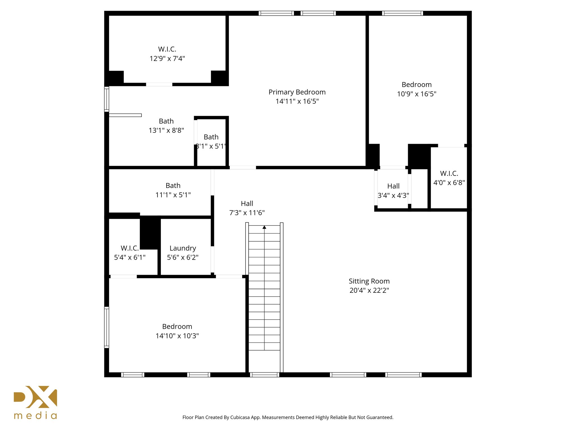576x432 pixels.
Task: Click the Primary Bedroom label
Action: pyautogui.click(x=297, y=92)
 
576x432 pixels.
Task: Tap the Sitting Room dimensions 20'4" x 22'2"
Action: pyautogui.click(x=369, y=291)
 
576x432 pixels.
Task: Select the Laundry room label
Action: pyautogui.click(x=183, y=248)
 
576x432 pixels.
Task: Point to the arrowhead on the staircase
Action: pyautogui.click(x=264, y=227)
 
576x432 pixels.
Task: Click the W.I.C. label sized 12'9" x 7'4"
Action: pyautogui.click(x=167, y=49)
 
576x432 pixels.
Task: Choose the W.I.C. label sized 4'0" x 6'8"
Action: pyautogui.click(x=449, y=174)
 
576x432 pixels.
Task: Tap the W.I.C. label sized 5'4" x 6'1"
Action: pyautogui.click(x=130, y=248)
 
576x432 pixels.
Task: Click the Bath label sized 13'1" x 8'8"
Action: pyautogui.click(x=166, y=121)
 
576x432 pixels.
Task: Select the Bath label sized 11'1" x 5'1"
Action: pyautogui.click(x=173, y=186)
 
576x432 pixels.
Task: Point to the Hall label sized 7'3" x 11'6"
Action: pyautogui.click(x=247, y=204)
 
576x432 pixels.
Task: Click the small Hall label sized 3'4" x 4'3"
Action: pyautogui.click(x=393, y=186)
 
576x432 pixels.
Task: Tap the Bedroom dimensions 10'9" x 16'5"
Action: pyautogui.click(x=417, y=94)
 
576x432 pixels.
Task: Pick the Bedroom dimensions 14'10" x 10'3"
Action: pyautogui.click(x=177, y=336)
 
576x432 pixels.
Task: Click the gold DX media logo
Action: pyautogui.click(x=35, y=402)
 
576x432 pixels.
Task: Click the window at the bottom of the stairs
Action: pyautogui.click(x=264, y=375)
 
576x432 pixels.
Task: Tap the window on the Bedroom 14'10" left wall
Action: pyautogui.click(x=107, y=327)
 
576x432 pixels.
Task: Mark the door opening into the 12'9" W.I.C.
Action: pyautogui.click(x=159, y=84)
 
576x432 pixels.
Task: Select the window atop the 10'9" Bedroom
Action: pyautogui.click(x=402, y=13)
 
